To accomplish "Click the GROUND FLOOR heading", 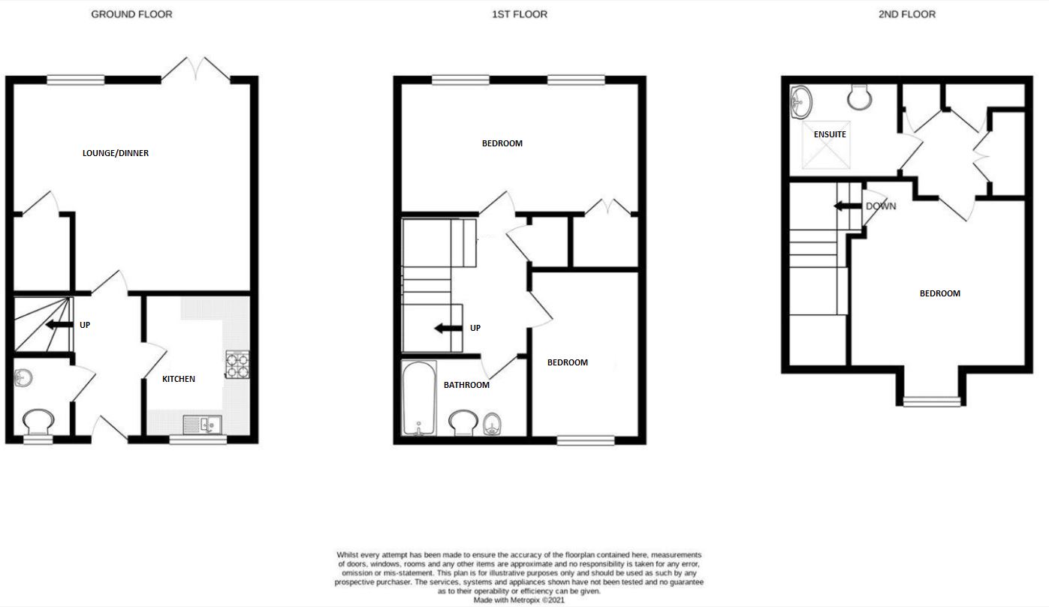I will [x=131, y=14].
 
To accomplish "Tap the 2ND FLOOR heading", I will [x=906, y=14].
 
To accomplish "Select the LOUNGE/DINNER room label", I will [x=116, y=153].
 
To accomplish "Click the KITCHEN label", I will [x=179, y=379].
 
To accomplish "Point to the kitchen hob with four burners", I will [x=237, y=364].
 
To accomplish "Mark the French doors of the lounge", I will [x=196, y=68].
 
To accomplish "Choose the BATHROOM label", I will [x=466, y=385].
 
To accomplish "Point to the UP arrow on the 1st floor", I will [x=447, y=329].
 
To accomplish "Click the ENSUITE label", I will [x=830, y=134].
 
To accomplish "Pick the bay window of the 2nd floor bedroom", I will [x=931, y=402].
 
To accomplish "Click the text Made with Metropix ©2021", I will [x=518, y=600].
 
